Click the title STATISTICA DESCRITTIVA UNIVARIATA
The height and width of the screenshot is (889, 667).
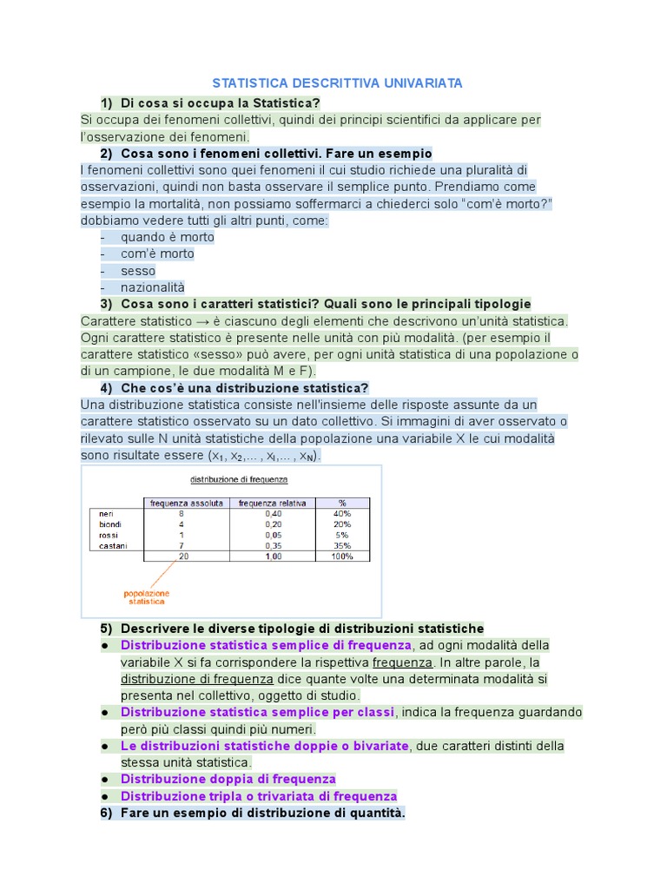(338, 82)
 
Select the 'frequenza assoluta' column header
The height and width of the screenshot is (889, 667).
(187, 503)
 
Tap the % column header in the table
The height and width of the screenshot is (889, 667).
(342, 503)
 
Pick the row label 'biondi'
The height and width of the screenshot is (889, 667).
(111, 524)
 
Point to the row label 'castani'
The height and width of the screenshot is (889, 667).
(114, 545)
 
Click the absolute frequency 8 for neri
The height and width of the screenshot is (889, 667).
(181, 514)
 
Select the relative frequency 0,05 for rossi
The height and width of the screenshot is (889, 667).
(274, 535)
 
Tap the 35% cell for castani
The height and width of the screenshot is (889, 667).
(342, 545)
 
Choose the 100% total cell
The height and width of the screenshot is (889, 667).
(342, 556)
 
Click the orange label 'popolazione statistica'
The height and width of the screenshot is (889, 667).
(146, 595)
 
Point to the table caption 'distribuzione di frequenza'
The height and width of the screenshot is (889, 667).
(239, 479)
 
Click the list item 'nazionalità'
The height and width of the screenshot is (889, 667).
(153, 287)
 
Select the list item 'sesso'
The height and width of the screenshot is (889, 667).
(139, 271)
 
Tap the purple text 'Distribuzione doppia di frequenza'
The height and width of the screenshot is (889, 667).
(228, 779)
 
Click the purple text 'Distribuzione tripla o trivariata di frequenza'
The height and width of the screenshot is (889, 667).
(259, 796)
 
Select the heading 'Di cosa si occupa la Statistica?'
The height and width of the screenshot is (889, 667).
(221, 102)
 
